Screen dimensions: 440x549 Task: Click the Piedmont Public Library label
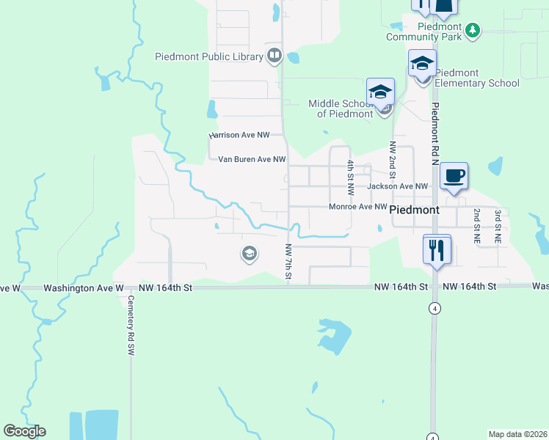tap(209, 56)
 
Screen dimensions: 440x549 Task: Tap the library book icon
tap(274, 55)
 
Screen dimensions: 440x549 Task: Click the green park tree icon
tap(474, 30)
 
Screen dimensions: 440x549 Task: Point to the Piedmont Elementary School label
tap(477, 78)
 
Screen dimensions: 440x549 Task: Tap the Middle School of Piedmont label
tap(341, 109)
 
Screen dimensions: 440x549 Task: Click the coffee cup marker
tap(454, 177)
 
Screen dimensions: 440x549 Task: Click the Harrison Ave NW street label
tap(239, 136)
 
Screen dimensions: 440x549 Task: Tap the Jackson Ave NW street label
tap(397, 186)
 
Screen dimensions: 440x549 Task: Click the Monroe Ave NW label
tap(357, 207)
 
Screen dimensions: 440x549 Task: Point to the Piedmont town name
tap(415, 210)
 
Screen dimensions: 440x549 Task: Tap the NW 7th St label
tap(289, 261)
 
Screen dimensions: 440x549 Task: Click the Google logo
tap(25, 431)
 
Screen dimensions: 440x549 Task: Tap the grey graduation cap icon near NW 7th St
tap(249, 254)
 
